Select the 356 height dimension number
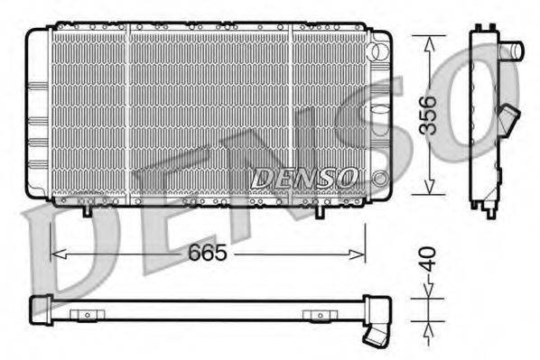tap(432, 114)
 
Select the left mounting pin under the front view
tap(86, 213)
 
